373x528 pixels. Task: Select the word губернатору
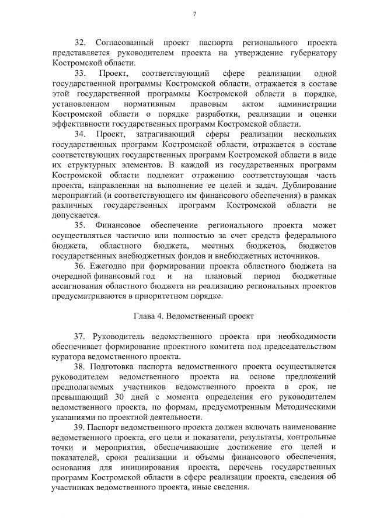pyautogui.click(x=312, y=53)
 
